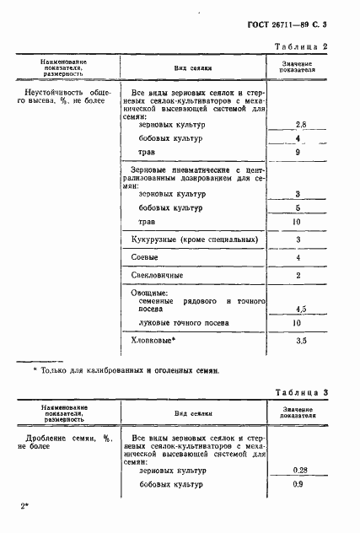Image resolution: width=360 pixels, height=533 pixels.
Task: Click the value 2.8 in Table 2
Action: (x=298, y=124)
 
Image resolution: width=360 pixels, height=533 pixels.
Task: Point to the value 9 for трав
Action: (x=298, y=153)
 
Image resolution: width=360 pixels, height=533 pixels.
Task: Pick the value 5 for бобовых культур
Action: (x=298, y=207)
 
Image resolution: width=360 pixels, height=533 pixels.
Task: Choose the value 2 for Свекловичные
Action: (x=298, y=275)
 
